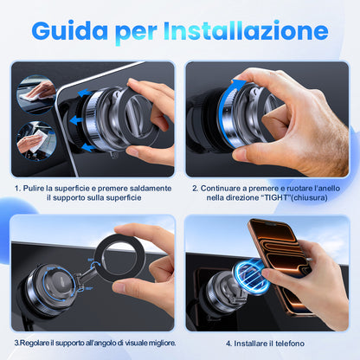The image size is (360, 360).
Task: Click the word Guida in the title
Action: click(70, 30)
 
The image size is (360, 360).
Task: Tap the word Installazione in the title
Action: click(246, 30)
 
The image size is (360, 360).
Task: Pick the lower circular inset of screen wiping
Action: click(36, 141)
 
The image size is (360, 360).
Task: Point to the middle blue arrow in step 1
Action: click(77, 119)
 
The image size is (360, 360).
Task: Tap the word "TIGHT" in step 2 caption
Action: click(277, 197)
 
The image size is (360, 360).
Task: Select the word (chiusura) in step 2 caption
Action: click(311, 198)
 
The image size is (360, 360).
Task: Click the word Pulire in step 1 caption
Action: click(34, 189)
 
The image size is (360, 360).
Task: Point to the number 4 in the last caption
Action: click(228, 344)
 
